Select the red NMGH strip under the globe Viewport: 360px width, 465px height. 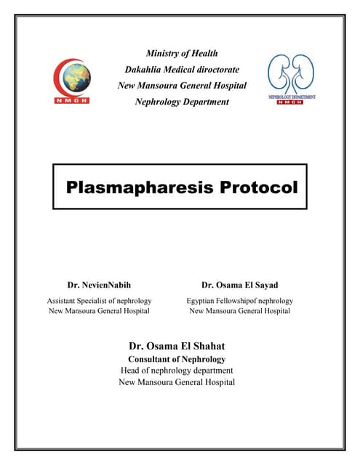pyautogui.click(x=73, y=100)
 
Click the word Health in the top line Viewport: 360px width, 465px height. pyautogui.click(x=203, y=53)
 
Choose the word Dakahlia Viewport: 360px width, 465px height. pyautogui.click(x=143, y=69)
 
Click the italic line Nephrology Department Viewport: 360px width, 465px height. pyautogui.click(x=182, y=102)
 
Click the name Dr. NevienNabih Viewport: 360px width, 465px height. pyautogui.click(x=99, y=285)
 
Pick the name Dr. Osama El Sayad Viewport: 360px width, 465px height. pyautogui.click(x=239, y=285)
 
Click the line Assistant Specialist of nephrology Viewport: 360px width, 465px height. pyautogui.click(x=99, y=300)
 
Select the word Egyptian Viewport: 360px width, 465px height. pyautogui.click(x=204, y=300)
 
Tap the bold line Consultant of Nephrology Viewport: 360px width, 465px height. pyautogui.click(x=177, y=359)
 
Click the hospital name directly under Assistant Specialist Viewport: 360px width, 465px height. pyautogui.click(x=99, y=311)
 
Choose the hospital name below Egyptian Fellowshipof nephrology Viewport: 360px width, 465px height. pyautogui.click(x=239, y=311)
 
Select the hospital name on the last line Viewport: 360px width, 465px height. pyautogui.click(x=177, y=382)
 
